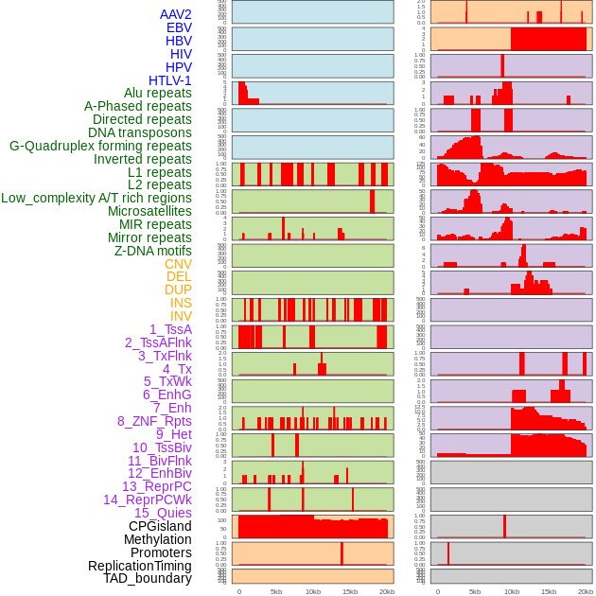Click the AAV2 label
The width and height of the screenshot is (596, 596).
(175, 14)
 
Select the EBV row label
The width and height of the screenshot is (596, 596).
(179, 27)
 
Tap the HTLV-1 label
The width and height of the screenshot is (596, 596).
(169, 80)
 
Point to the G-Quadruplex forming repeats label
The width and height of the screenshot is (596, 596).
(100, 146)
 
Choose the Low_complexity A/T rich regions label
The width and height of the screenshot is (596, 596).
(96, 198)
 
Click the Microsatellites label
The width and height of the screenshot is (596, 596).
(149, 211)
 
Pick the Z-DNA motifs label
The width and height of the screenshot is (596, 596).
(152, 251)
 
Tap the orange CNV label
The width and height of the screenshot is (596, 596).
(178, 264)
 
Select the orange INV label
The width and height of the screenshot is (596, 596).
(180, 316)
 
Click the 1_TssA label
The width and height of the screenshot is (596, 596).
(170, 329)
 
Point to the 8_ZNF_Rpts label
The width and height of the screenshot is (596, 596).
(154, 421)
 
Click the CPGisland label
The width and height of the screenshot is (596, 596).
(160, 526)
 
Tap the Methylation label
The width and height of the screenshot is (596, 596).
(158, 539)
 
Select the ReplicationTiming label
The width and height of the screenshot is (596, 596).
(139, 566)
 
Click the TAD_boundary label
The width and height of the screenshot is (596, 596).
(147, 578)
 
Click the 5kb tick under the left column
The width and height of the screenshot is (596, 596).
(276, 591)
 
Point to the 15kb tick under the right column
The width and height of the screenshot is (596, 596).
(549, 591)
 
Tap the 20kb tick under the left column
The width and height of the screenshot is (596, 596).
(387, 591)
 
